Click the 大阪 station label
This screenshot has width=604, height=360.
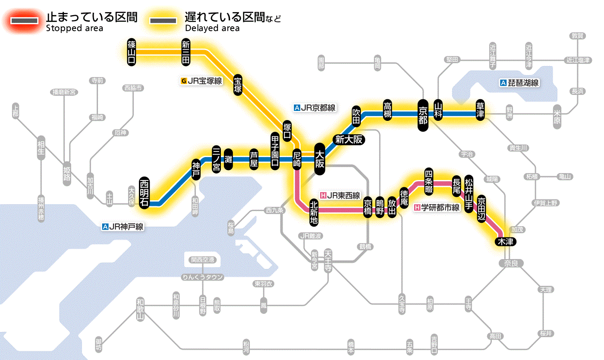[320, 159]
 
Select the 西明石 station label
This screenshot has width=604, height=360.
[145, 193]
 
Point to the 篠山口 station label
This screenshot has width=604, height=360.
[132, 52]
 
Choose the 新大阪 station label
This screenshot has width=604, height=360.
[349, 139]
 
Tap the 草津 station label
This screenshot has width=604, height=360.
[480, 111]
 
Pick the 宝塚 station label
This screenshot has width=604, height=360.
[238, 85]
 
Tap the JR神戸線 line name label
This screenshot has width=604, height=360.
[123, 226]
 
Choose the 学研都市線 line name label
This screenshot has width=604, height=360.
[437, 208]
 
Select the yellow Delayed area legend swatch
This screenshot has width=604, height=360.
[164, 21]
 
